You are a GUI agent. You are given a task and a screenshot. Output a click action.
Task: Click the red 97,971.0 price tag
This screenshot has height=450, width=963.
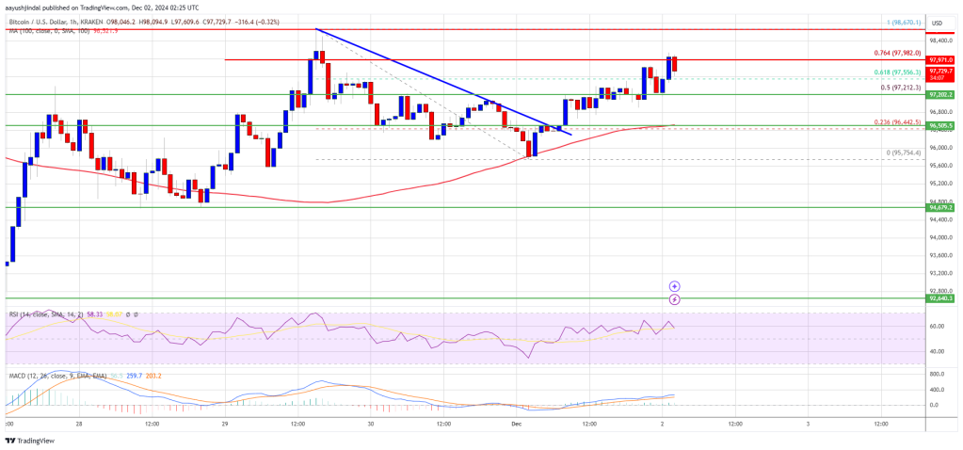[x=940, y=59]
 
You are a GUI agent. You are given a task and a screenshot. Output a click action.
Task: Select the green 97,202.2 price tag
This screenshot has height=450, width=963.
[x=940, y=95]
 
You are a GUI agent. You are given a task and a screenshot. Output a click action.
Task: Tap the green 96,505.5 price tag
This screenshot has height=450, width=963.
[x=940, y=125]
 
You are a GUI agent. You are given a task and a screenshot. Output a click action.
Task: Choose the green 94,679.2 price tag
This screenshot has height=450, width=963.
[x=940, y=207]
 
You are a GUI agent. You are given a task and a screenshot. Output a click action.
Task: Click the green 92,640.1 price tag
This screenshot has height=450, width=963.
[x=940, y=298]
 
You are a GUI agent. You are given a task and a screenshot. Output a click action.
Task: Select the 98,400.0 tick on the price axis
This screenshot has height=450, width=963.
[x=940, y=40]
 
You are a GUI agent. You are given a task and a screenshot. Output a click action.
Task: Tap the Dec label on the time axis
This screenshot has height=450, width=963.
[x=516, y=425]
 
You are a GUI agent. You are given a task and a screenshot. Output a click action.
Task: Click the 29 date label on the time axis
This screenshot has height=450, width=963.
[x=225, y=425]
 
